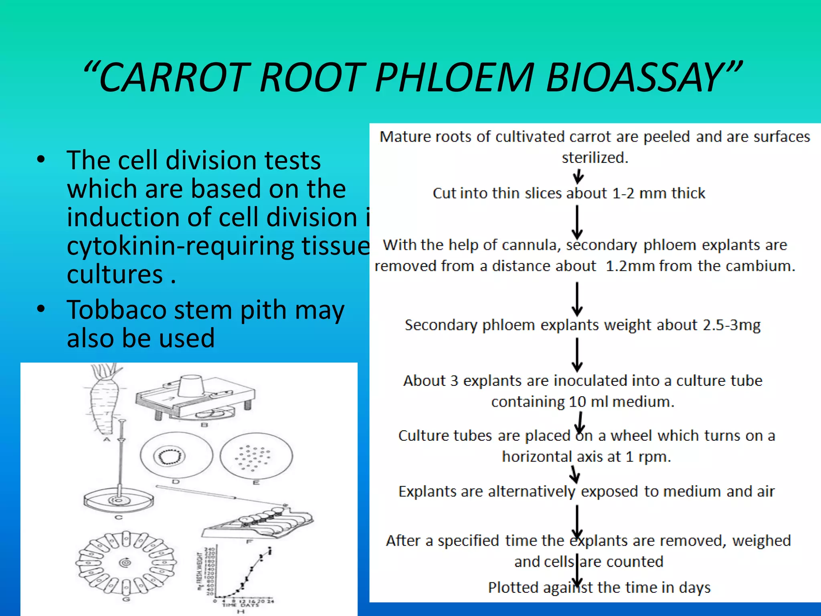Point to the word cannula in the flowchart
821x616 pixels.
[530, 245]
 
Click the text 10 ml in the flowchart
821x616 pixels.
[589, 401]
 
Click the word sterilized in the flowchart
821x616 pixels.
[595, 158]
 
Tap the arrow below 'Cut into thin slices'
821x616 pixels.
[577, 222]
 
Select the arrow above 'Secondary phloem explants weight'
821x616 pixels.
[577, 299]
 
